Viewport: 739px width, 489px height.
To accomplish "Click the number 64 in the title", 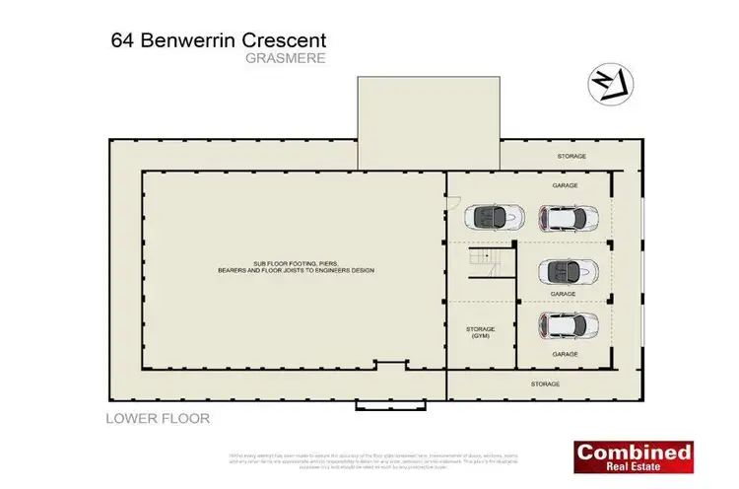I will point(123,41).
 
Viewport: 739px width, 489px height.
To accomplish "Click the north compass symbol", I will point(608,84).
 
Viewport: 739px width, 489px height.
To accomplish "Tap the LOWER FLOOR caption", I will point(158,418).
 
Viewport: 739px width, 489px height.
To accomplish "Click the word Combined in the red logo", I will point(634,453).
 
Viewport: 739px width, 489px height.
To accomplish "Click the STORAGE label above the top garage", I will point(571,157).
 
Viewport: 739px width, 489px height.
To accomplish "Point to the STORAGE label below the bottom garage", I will point(545,384).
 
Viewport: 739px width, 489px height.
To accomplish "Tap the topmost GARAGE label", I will point(565,184).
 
